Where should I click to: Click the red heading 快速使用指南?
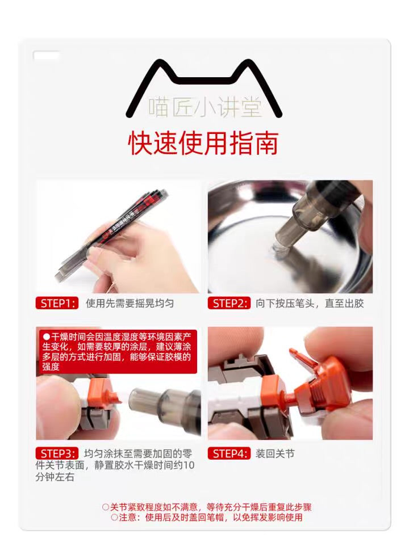pos(203,144)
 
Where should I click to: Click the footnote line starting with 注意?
pos(207,517)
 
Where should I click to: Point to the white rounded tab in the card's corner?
pos(47,56)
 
